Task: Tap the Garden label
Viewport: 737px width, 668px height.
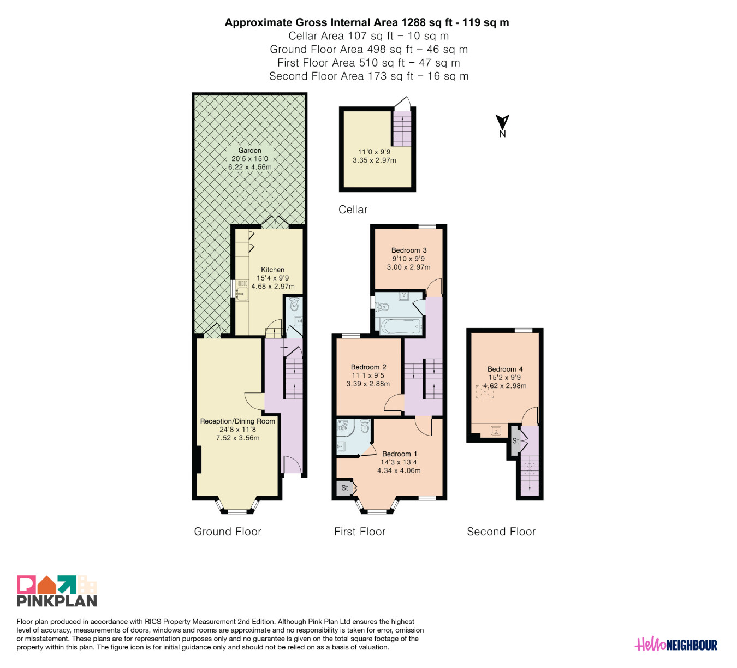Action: tap(250, 150)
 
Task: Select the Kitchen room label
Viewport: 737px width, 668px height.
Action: tap(272, 270)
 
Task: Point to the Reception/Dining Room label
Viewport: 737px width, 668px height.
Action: tap(237, 421)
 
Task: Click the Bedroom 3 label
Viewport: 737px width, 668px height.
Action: tap(409, 250)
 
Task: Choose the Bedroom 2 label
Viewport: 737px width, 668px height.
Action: tap(368, 367)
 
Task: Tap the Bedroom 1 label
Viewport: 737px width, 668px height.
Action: tap(400, 454)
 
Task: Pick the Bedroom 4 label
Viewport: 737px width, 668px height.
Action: tap(505, 369)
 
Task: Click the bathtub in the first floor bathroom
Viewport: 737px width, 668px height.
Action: tap(401, 326)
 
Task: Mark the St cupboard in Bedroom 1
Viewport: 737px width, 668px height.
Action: tap(344, 488)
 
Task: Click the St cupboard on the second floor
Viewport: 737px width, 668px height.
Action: tap(516, 440)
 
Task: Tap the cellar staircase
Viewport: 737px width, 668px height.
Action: tap(402, 129)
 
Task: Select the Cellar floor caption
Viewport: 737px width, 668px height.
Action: tap(353, 210)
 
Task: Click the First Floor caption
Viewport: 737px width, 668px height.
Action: tap(360, 532)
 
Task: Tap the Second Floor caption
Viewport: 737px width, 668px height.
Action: tap(501, 532)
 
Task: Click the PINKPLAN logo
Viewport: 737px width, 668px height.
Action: tap(57, 591)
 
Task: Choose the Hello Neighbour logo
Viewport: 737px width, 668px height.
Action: tap(676, 645)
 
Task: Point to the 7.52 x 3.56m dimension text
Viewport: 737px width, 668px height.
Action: tap(237, 438)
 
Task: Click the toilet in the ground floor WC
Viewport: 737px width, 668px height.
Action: tap(294, 304)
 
